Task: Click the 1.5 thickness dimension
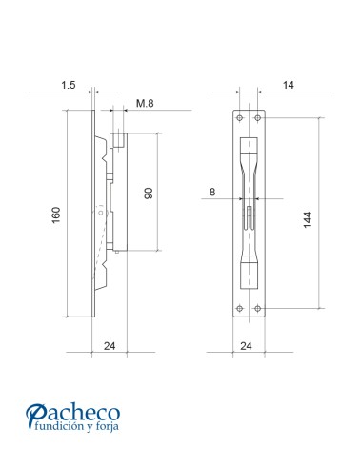coord(69,86)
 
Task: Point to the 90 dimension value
coord(149,194)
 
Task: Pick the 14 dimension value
coord(289,86)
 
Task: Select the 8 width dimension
coord(211,192)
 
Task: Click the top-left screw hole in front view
coord(239,118)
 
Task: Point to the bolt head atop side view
coord(118,141)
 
